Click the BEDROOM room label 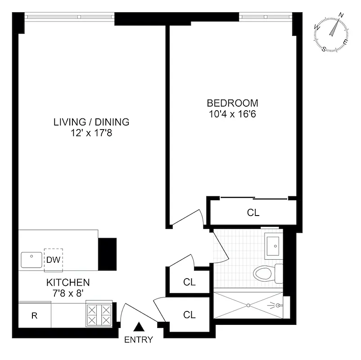click(232, 103)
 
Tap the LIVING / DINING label click(91, 122)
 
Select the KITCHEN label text click(68, 283)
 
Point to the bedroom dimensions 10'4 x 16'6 click(232, 114)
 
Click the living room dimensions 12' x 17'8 click(91, 133)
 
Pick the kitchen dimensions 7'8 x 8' click(68, 293)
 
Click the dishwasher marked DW click(53, 260)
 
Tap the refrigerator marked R click(34, 315)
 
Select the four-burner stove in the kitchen click(99, 315)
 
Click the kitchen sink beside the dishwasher click(31, 260)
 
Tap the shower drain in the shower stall click(248, 305)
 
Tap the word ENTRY click(139, 340)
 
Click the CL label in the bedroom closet click(253, 212)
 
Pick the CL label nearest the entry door click(190, 315)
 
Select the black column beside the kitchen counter click(107, 253)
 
